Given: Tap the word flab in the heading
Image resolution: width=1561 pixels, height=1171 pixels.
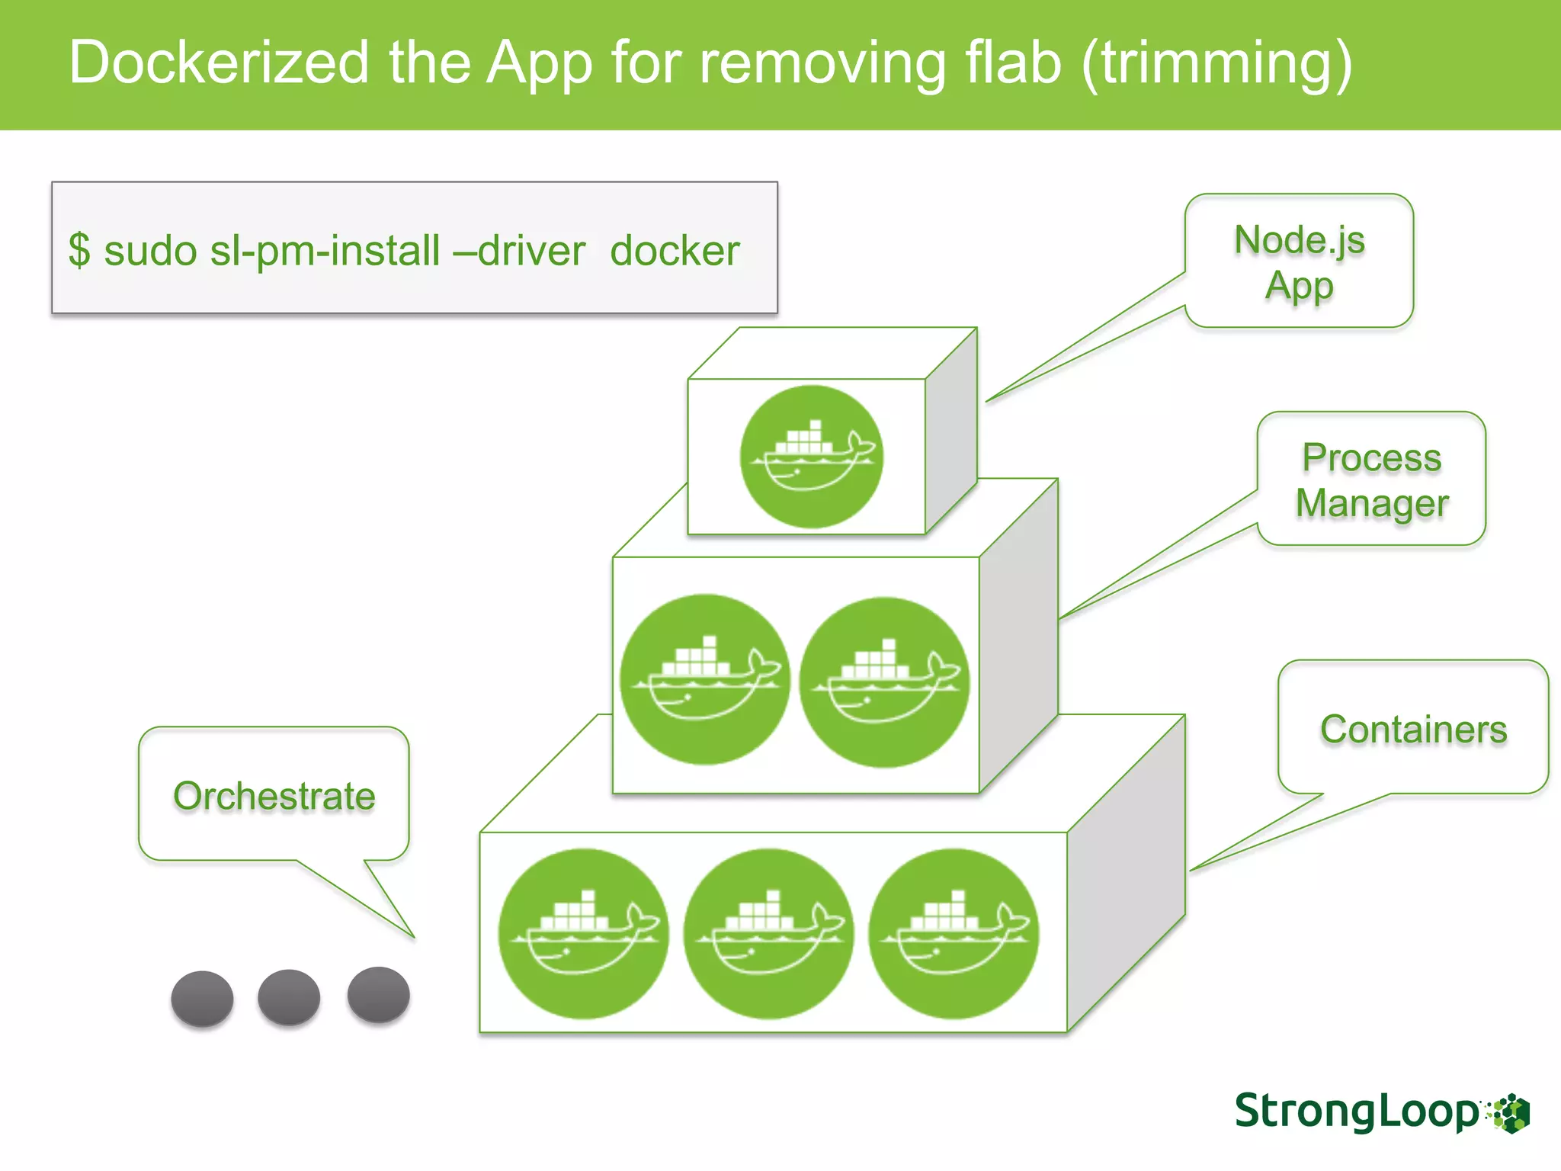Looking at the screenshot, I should click(x=1013, y=63).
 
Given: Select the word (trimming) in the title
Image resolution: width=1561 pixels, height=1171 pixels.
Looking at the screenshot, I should click(x=1216, y=64).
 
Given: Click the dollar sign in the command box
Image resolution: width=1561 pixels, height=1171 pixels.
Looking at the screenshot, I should click(x=79, y=251).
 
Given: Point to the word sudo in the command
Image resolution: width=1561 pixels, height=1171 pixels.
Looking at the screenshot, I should click(x=150, y=251).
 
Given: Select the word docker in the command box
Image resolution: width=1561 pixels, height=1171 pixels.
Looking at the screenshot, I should click(x=675, y=251).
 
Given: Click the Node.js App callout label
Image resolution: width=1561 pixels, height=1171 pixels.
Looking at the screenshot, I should click(x=1299, y=261).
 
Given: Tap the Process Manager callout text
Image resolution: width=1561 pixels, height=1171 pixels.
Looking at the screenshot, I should click(x=1371, y=480).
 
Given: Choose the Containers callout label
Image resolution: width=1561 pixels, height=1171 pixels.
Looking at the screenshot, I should click(x=1413, y=729).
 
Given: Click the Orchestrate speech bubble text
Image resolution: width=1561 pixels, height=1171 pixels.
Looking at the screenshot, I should click(x=274, y=796).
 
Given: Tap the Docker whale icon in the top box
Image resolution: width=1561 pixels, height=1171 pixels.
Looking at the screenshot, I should click(x=812, y=457).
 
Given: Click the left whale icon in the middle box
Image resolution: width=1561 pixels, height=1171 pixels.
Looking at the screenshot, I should click(x=704, y=679).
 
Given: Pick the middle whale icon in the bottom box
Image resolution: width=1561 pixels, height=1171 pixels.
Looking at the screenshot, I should click(x=768, y=934).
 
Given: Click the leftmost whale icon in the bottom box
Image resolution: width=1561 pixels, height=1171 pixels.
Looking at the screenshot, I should click(x=584, y=934).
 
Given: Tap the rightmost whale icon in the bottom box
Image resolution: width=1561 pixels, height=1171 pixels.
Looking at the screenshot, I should click(x=953, y=934).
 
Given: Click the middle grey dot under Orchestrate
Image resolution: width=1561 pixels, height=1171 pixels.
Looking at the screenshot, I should click(x=289, y=997).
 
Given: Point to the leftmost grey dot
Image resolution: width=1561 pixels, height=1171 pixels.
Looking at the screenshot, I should click(x=202, y=999).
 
